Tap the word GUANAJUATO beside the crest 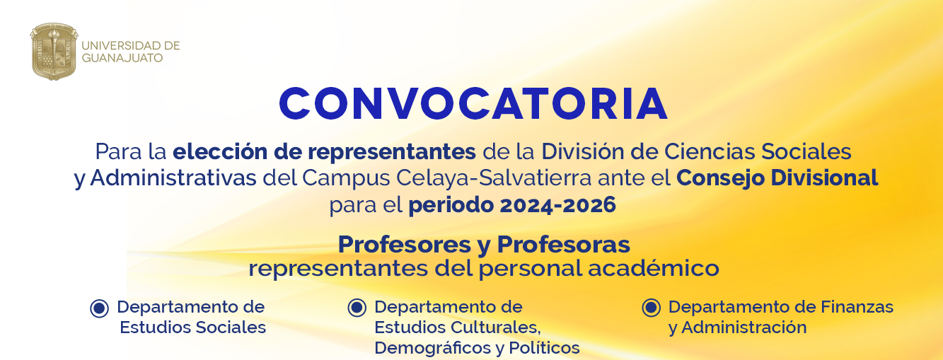point(122,58)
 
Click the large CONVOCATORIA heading point(473,104)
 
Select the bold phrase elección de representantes point(324,151)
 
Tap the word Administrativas point(173,178)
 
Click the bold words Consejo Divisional point(777,178)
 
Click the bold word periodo point(450,205)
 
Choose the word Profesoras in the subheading point(563,245)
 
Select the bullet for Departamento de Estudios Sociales point(99,308)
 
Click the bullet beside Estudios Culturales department point(357,308)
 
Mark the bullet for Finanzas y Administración point(651,308)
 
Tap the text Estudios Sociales point(192,327)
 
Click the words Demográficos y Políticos point(477,348)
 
